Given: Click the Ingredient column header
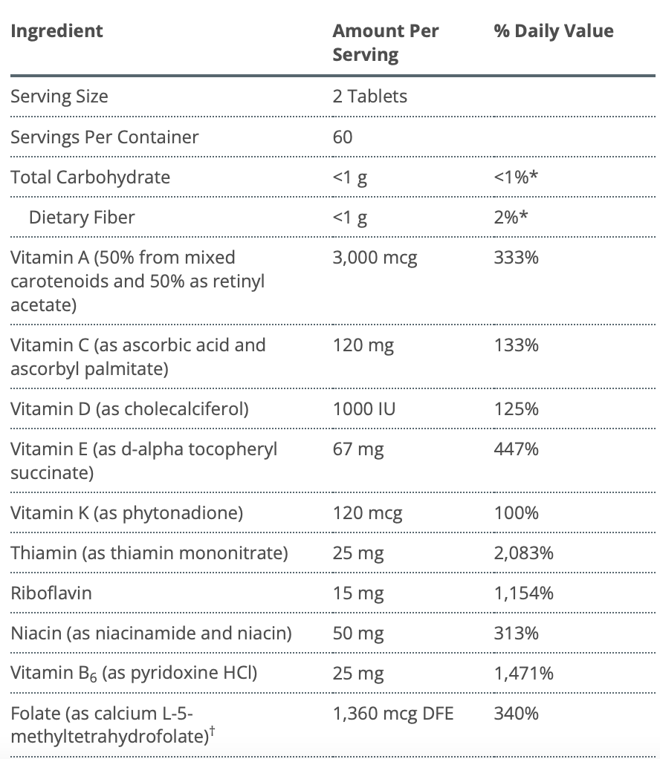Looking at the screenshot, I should pyautogui.click(x=56, y=31).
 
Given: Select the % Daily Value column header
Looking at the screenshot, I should pyautogui.click(x=554, y=31).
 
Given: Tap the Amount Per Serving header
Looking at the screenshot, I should pyautogui.click(x=385, y=43).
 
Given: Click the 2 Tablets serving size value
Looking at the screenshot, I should pyautogui.click(x=369, y=97).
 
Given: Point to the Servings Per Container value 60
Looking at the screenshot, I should pyautogui.click(x=343, y=137).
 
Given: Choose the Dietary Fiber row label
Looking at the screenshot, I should pyautogui.click(x=82, y=218).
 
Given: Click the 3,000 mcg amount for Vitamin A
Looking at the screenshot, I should pyautogui.click(x=375, y=258).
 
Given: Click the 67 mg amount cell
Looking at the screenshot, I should pyautogui.click(x=358, y=449).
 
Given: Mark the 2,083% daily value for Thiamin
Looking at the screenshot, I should pyautogui.click(x=523, y=553).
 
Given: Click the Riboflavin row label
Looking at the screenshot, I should pyautogui.click(x=51, y=593).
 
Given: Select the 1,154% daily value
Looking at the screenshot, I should pyautogui.click(x=523, y=593).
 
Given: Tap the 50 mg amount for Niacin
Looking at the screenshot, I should pyautogui.click(x=358, y=633).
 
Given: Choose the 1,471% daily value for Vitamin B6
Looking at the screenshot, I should pyautogui.click(x=523, y=674).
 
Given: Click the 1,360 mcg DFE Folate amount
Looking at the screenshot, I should pyautogui.click(x=392, y=714).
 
